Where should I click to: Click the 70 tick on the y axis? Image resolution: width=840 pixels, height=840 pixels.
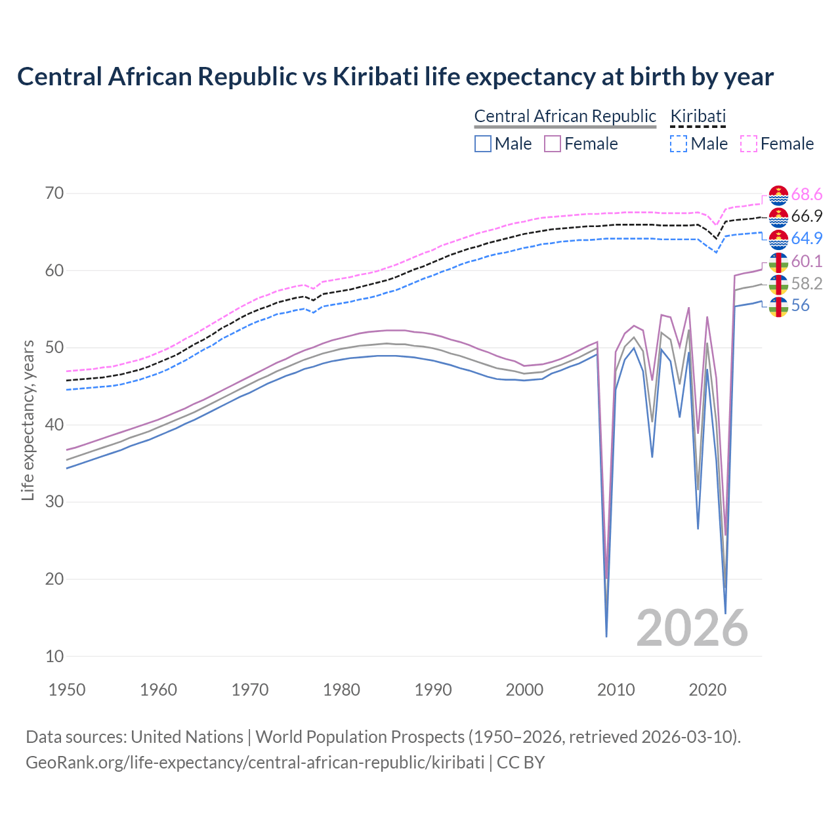(x=54, y=193)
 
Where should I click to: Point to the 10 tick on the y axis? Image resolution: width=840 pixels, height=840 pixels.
(x=54, y=656)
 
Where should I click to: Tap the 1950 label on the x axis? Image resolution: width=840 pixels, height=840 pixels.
(x=67, y=690)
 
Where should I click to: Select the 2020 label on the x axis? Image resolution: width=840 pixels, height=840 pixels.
(x=707, y=690)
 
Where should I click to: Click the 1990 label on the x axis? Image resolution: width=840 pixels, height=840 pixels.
(x=433, y=690)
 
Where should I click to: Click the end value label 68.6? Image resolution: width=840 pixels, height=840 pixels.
(x=807, y=195)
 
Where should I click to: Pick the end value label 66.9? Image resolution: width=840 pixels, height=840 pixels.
(x=807, y=217)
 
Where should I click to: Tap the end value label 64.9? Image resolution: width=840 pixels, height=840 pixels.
(x=807, y=238)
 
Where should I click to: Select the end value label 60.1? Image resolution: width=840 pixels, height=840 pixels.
(x=807, y=262)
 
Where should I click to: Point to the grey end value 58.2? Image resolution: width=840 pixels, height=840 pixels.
(x=807, y=283)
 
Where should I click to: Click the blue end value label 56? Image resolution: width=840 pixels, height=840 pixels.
(x=801, y=306)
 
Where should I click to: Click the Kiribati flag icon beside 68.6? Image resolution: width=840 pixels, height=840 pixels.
(x=778, y=196)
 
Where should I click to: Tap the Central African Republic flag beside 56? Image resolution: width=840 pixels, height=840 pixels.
(x=778, y=306)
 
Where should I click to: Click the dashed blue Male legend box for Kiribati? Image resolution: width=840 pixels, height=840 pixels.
(x=679, y=144)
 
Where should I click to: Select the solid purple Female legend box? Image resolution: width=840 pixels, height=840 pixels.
(x=553, y=144)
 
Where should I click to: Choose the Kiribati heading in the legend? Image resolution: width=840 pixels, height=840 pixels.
(x=698, y=116)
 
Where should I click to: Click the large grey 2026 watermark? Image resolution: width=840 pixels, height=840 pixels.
(x=692, y=628)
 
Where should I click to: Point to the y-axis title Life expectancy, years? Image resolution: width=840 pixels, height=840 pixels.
(x=28, y=420)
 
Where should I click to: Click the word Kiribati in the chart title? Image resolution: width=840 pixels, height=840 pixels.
(x=376, y=77)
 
